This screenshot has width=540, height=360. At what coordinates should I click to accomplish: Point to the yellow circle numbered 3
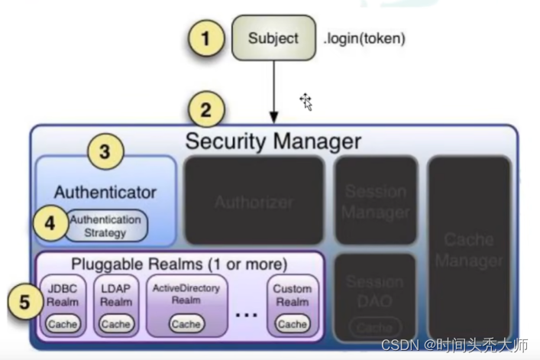tap(105, 152)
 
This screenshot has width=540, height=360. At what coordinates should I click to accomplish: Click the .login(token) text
tap(364, 38)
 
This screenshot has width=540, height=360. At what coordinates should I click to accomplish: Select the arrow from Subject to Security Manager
tap(274, 91)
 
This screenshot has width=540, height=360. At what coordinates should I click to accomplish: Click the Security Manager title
tap(273, 141)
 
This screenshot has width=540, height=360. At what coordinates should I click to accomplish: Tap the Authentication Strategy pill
tap(105, 225)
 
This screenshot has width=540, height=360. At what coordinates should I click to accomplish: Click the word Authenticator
tap(105, 193)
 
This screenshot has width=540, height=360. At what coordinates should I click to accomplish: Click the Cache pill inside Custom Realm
tap(292, 324)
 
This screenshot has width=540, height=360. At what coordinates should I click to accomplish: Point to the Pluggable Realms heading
tap(179, 264)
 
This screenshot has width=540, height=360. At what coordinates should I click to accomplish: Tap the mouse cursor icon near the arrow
tap(306, 102)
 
